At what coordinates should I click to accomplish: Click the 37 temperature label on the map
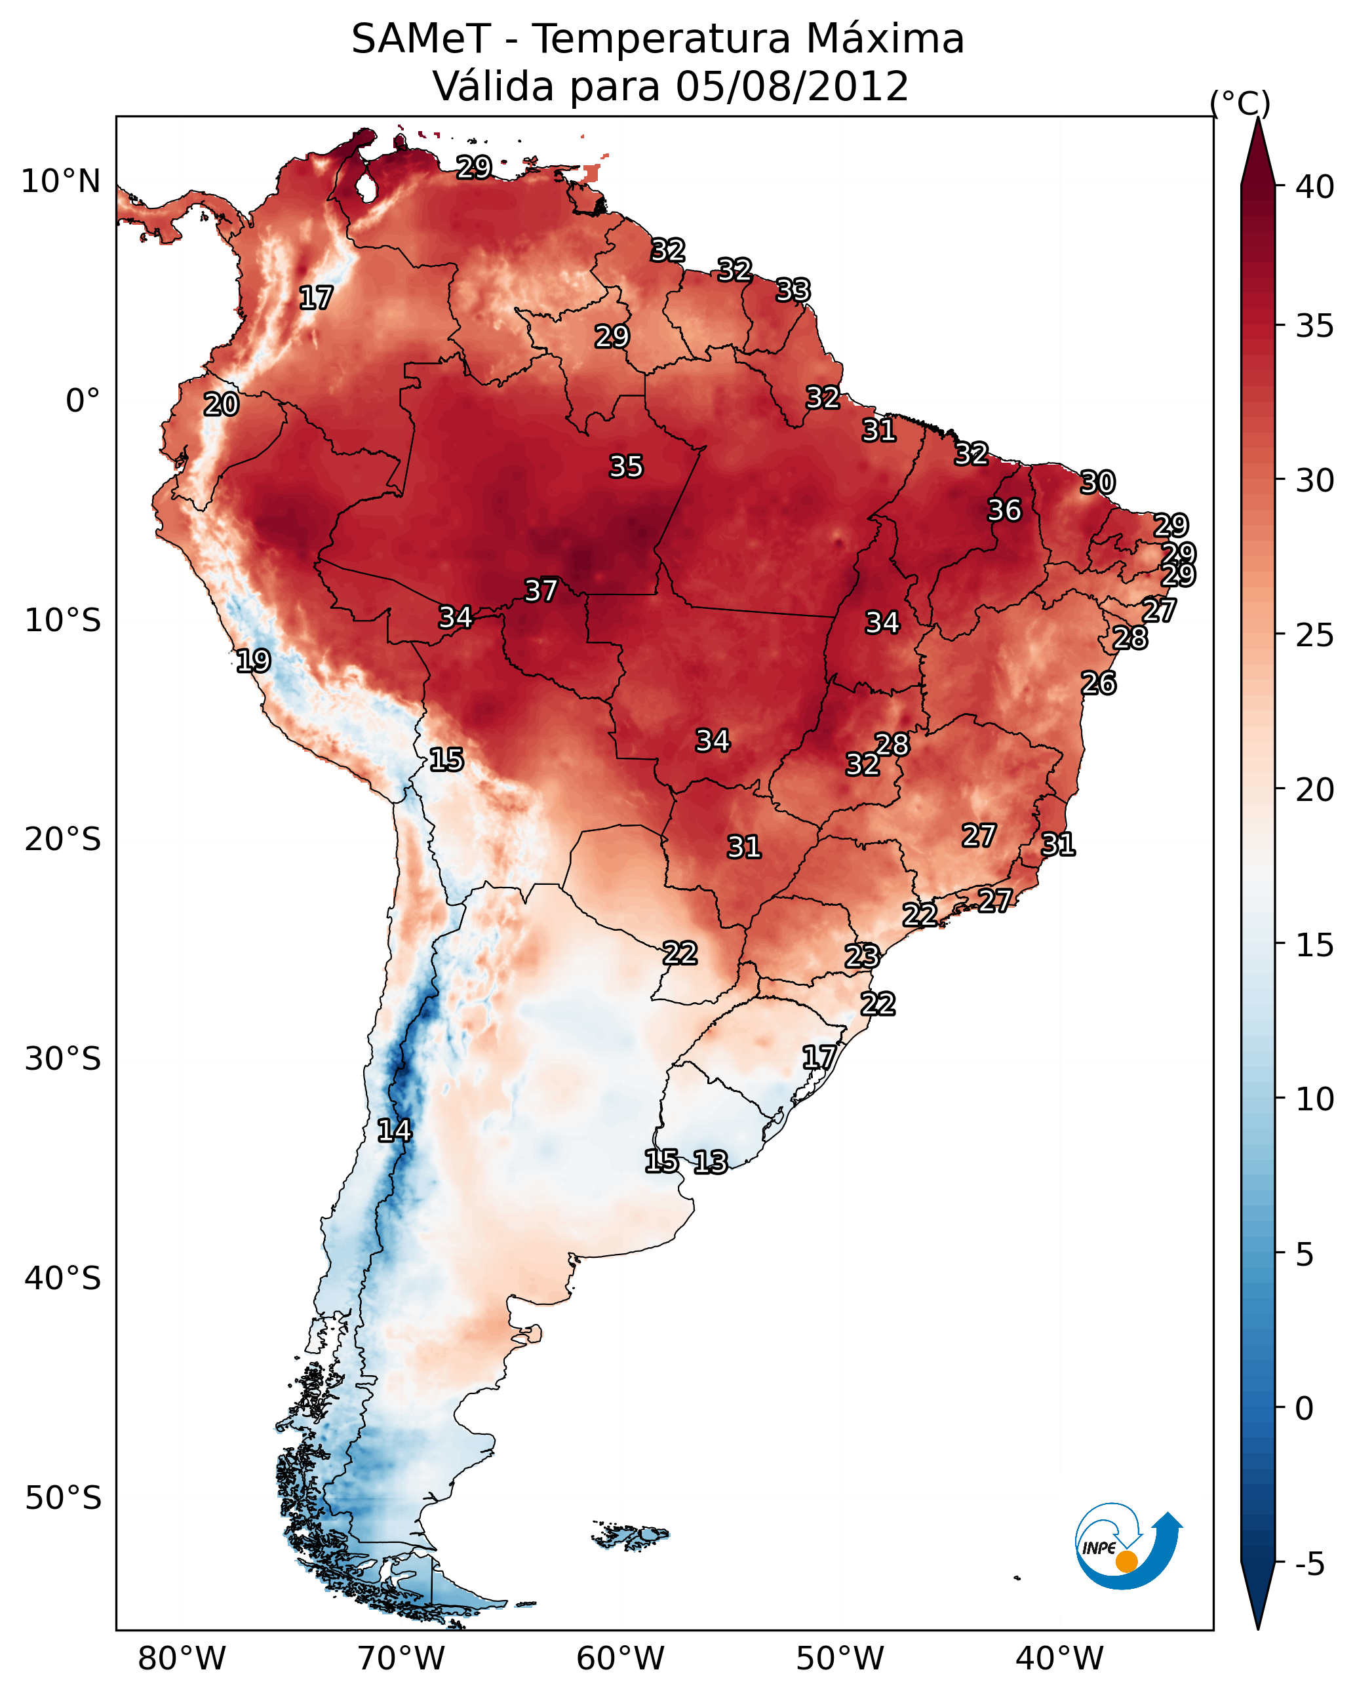[x=541, y=590]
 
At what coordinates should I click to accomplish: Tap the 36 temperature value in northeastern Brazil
[x=1004, y=509]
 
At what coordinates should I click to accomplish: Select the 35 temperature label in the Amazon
[x=626, y=466]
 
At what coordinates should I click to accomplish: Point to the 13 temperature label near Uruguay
[x=710, y=1161]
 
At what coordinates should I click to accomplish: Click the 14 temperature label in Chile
[x=394, y=1131]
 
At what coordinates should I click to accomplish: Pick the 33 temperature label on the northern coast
[x=793, y=290]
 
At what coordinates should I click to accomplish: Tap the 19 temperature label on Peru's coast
[x=253, y=661]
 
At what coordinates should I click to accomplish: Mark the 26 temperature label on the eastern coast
[x=1098, y=683]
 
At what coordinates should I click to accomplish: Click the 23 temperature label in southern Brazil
[x=862, y=956]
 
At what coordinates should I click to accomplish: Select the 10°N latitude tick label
[x=60, y=182]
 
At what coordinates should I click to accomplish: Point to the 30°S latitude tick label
[x=63, y=1059]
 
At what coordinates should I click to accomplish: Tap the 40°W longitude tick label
[x=1059, y=1659]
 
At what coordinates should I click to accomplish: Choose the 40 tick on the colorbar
[x=1315, y=187]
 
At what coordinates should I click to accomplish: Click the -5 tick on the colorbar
[x=1310, y=1565]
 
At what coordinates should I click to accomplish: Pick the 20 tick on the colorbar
[x=1315, y=790]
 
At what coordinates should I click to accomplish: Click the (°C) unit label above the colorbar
[x=1240, y=103]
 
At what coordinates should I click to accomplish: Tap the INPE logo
[x=1128, y=1548]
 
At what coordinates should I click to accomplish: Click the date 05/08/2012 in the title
[x=792, y=86]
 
